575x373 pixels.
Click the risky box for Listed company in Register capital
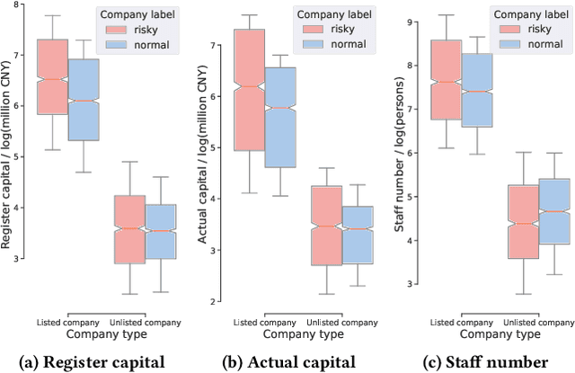(51, 76)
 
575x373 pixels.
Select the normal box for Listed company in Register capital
(84, 100)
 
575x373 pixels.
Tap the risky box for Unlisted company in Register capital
(130, 228)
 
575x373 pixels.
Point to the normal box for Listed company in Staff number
(476, 90)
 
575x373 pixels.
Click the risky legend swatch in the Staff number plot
(505, 28)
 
